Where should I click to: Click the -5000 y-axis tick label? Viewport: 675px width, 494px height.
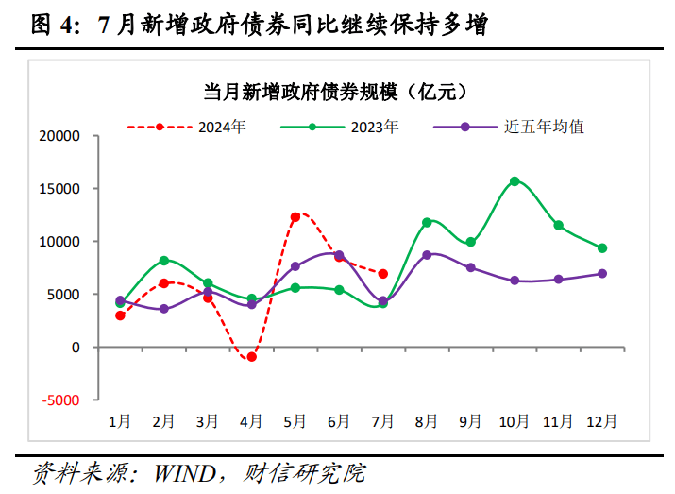pyautogui.click(x=62, y=400)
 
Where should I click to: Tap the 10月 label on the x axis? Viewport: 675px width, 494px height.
pyautogui.click(x=515, y=421)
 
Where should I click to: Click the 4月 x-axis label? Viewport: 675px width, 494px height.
pyautogui.click(x=251, y=421)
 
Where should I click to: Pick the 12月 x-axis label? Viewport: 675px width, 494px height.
pyautogui.click(x=602, y=421)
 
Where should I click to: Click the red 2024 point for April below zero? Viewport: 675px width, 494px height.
pyautogui.click(x=251, y=357)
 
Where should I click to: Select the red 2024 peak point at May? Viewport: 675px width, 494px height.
pyautogui.click(x=295, y=217)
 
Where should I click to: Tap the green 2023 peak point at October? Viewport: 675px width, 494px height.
pyautogui.click(x=515, y=181)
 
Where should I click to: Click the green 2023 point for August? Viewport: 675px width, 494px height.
pyautogui.click(x=427, y=222)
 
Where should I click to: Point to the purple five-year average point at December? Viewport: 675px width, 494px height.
pyautogui.click(x=602, y=274)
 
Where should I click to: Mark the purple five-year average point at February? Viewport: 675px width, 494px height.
pyautogui.click(x=164, y=309)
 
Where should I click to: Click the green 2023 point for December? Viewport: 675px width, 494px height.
pyautogui.click(x=602, y=248)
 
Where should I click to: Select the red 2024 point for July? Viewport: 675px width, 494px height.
pyautogui.click(x=382, y=274)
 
